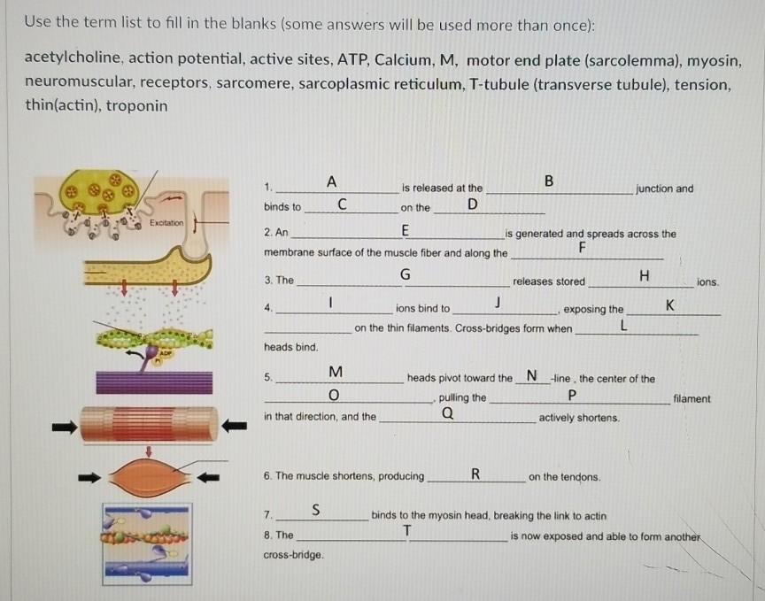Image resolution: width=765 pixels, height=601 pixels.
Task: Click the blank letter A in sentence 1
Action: click(330, 181)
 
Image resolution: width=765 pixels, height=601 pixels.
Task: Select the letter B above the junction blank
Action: click(548, 181)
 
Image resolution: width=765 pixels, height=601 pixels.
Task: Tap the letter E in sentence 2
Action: click(405, 230)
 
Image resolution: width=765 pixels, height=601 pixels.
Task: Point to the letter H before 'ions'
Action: click(644, 275)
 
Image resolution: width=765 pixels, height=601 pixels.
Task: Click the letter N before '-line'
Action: click(531, 375)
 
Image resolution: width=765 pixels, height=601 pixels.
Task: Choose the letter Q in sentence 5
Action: click(447, 412)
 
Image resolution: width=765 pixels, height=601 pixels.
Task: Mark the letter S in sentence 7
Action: click(316, 509)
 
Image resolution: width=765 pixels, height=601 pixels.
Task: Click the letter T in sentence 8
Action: click(406, 530)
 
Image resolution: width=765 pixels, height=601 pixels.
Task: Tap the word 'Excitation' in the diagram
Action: click(166, 223)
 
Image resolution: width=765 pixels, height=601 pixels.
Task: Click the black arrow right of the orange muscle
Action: click(208, 478)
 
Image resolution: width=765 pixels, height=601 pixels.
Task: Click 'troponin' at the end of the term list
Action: click(135, 105)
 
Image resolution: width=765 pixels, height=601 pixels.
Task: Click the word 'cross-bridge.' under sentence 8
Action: click(293, 555)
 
